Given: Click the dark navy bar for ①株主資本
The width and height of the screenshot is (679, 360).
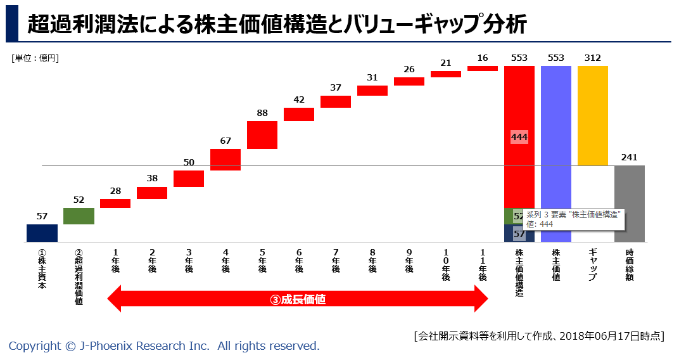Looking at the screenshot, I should [x=42, y=233].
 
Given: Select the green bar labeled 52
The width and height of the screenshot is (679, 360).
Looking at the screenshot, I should [x=79, y=216].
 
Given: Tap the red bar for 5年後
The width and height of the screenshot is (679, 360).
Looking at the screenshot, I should [x=262, y=135].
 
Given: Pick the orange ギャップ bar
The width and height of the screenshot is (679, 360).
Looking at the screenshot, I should [x=593, y=115].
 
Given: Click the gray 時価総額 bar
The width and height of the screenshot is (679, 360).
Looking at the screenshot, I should [x=630, y=203].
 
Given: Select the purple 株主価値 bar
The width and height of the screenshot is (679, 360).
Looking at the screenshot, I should [x=555, y=153].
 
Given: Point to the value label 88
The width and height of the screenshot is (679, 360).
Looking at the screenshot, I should [x=262, y=113].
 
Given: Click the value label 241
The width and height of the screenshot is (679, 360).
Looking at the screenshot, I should [x=630, y=157].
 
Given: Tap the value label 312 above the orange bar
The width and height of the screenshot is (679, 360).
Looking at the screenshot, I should [x=593, y=58].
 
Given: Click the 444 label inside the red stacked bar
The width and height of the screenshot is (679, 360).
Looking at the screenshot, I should [x=519, y=137].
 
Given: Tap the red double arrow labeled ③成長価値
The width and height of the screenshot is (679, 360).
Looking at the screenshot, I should [x=298, y=299].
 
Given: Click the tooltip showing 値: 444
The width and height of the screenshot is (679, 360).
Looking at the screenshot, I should [x=573, y=219].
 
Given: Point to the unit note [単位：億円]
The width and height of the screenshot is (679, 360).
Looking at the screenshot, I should [x=35, y=58].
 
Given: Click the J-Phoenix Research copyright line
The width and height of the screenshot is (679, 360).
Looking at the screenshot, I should [x=164, y=346].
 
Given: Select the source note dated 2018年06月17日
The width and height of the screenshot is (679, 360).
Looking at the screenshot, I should [x=538, y=335].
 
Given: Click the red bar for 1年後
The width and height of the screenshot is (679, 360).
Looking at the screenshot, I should [x=115, y=203].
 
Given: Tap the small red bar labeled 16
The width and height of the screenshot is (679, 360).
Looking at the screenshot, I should [x=483, y=68].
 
